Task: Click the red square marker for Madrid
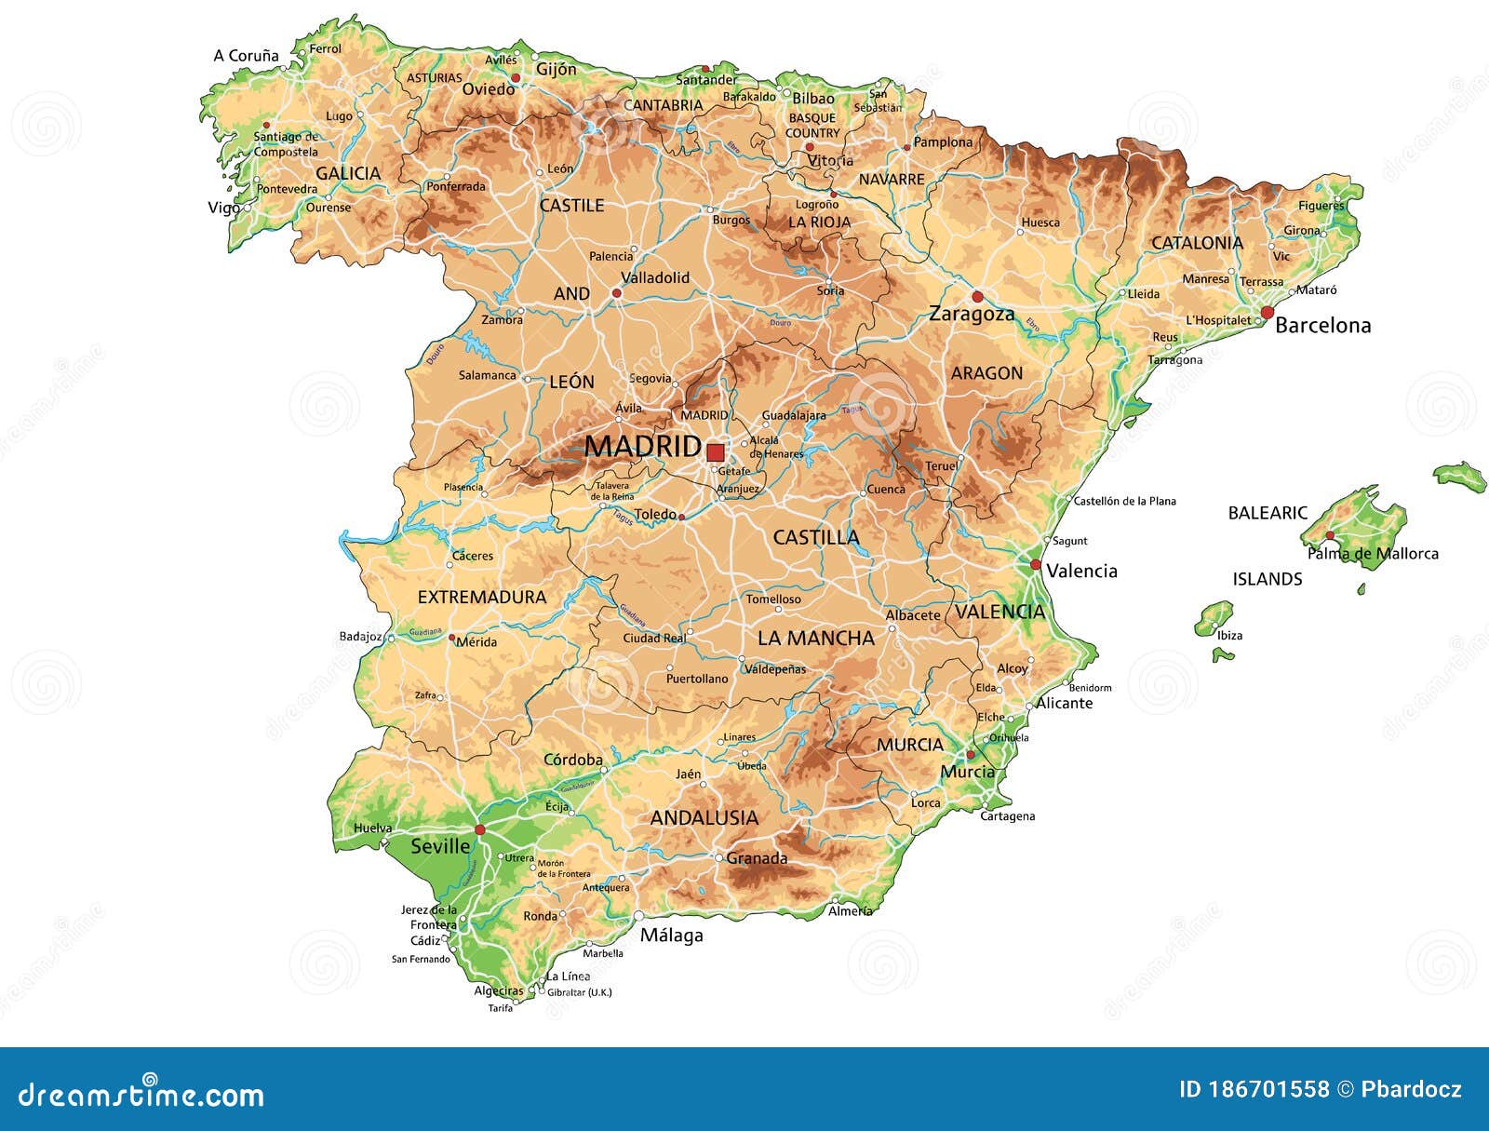point(715,452)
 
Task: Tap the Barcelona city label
point(1322,326)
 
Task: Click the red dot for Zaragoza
point(977,296)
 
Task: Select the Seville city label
point(440,846)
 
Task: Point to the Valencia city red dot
point(1035,565)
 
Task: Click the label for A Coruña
point(246,56)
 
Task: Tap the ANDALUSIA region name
point(704,818)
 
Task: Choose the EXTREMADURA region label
point(481,598)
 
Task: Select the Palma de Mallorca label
point(1373,554)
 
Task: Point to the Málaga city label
point(671,936)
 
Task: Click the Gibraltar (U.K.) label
point(579,992)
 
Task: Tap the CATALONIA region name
point(1197,243)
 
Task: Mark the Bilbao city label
point(813,98)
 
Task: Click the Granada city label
point(757,858)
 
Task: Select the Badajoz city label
point(360,637)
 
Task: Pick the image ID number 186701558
point(1268,1089)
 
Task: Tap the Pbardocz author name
point(1412,1089)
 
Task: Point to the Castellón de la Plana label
point(1124,501)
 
